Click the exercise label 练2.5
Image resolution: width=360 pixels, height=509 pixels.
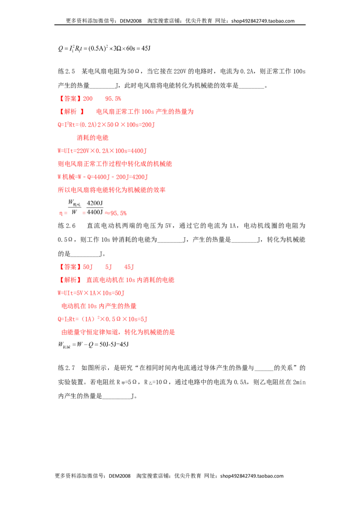click(x=66, y=71)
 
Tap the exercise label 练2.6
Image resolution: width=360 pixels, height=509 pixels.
click(x=67, y=226)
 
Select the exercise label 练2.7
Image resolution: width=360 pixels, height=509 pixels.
click(x=66, y=368)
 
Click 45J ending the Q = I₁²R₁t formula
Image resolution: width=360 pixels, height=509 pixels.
click(x=146, y=49)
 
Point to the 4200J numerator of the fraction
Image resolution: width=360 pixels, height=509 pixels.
click(x=95, y=203)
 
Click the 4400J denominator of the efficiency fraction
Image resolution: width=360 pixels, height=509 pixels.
click(x=95, y=212)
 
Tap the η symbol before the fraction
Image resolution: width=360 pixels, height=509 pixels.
click(x=61, y=213)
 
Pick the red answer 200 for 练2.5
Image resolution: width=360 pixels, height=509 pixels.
click(x=88, y=98)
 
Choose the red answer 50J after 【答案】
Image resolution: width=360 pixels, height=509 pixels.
click(x=88, y=267)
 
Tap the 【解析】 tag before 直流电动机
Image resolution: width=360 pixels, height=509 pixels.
click(x=70, y=280)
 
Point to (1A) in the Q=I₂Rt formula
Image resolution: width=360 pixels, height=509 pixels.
click(x=88, y=319)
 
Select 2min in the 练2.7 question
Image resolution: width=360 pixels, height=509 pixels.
click(x=299, y=382)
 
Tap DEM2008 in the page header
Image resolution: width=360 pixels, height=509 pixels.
click(x=130, y=21)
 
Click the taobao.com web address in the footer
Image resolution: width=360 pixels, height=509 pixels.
click(x=252, y=476)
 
